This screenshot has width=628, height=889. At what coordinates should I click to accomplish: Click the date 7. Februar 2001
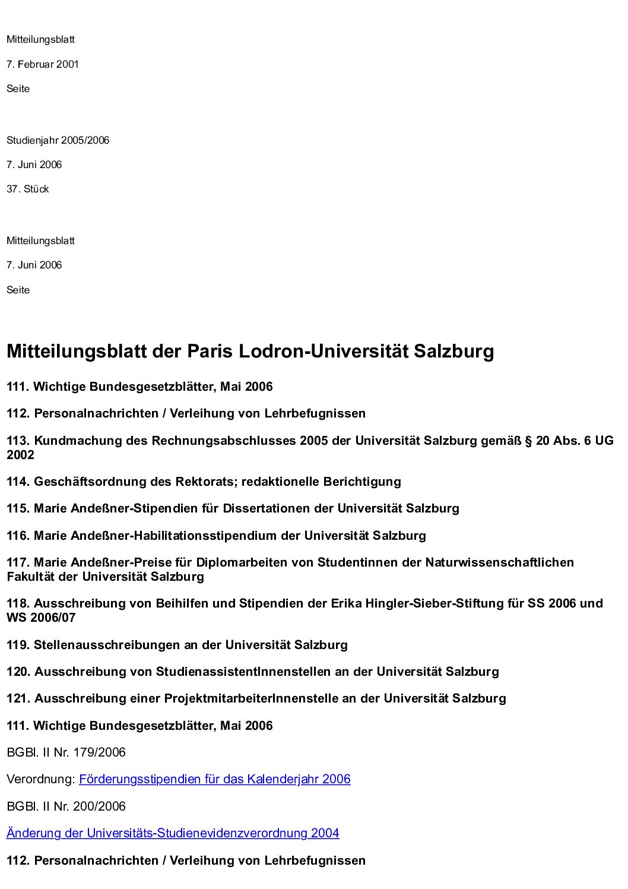tap(43, 64)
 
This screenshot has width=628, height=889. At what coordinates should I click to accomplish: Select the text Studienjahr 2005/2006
tap(58, 140)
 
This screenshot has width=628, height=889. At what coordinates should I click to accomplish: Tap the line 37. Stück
tap(28, 189)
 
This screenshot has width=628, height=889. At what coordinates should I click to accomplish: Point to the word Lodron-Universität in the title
tap(323, 351)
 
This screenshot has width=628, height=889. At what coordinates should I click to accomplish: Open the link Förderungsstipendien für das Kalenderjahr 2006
tap(214, 779)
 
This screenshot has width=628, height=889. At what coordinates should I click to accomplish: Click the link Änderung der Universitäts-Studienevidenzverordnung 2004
tap(173, 833)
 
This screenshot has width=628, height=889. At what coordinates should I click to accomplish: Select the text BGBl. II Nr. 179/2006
tap(66, 752)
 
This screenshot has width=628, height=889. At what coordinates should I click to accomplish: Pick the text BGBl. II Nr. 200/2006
tap(66, 806)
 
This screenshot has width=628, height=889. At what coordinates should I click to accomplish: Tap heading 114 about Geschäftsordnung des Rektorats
tap(204, 482)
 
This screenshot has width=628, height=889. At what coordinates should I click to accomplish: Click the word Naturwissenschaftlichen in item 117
tap(499, 562)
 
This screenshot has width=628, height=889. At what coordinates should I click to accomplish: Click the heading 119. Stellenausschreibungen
tap(177, 645)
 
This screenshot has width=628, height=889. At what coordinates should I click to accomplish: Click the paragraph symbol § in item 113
tap(528, 441)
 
